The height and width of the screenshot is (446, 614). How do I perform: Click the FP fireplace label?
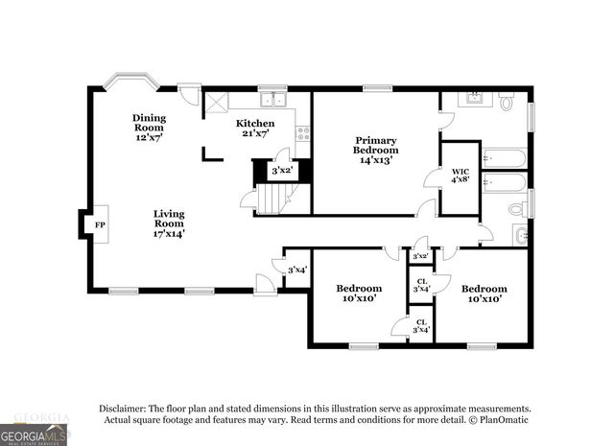[100, 225]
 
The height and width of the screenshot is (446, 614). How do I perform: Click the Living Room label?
[169, 223]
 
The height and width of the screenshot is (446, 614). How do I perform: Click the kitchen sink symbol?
[272, 99]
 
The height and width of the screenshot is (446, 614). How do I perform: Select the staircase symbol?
[272, 199]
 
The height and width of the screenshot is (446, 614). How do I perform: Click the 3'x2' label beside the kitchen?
[281, 172]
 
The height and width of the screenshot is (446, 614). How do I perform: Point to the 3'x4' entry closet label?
[296, 270]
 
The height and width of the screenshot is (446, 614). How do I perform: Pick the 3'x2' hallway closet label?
[419, 256]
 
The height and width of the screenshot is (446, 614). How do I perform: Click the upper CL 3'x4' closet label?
[419, 284]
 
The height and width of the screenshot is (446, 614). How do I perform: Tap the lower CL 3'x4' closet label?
[419, 325]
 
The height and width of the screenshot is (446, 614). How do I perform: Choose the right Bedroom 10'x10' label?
[482, 293]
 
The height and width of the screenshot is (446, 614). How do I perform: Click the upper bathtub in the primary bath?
[504, 157]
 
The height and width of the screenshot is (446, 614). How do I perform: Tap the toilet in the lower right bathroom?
[517, 207]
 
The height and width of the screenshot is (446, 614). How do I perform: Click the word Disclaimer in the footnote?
[130, 408]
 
